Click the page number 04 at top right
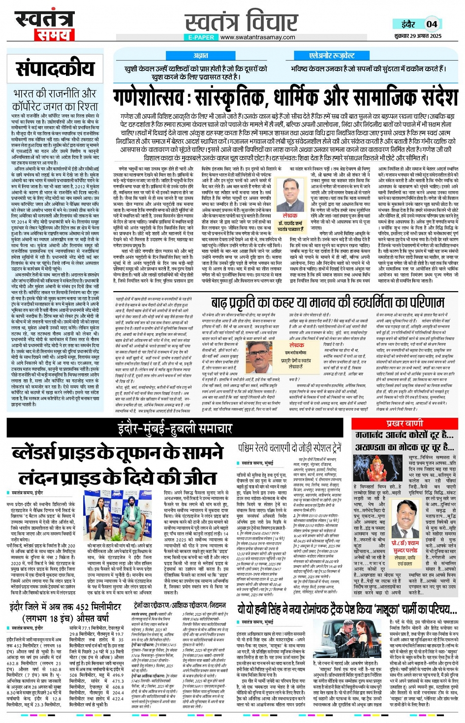click(x=432, y=24)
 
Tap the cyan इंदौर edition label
click(x=408, y=24)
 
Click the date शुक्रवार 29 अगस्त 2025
click(x=418, y=36)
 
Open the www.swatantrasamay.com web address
click(x=258, y=37)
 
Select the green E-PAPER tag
click(x=201, y=37)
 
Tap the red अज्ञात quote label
click(x=200, y=56)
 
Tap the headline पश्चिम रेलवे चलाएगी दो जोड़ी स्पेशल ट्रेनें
click(x=289, y=448)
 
